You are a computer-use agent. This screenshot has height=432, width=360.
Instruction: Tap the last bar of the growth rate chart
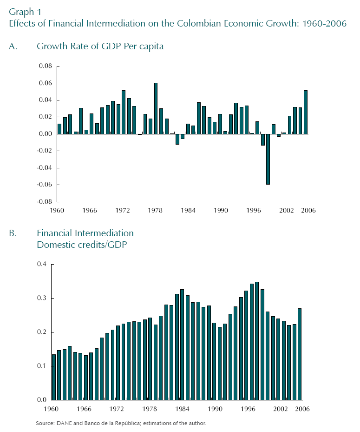306,112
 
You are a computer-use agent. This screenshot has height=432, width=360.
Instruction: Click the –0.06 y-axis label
45,185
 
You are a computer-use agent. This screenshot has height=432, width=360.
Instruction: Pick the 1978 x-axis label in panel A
156,211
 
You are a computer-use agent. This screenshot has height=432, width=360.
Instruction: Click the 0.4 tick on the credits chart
42,265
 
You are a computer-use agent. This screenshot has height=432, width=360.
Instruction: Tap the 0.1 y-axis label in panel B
42,366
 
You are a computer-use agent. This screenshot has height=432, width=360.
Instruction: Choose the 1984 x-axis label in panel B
182,409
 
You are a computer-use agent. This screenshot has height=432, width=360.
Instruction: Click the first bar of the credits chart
54,377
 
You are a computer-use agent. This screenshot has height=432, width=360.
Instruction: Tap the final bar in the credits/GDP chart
300,354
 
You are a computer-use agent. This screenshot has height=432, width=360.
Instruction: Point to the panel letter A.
13,47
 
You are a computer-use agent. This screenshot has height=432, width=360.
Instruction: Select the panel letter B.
13,233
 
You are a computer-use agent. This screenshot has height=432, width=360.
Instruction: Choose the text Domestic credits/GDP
82,245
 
